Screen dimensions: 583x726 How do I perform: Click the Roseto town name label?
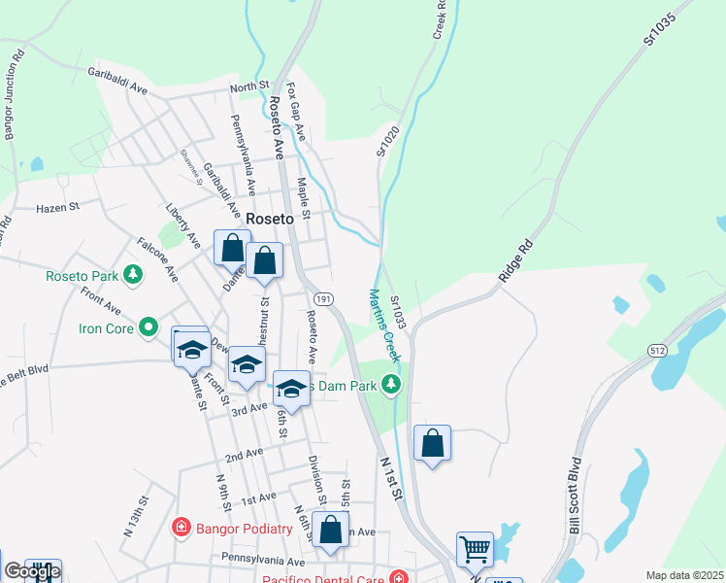(269, 219)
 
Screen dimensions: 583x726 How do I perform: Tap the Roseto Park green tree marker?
(133, 276)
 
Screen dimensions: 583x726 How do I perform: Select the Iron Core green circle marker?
(148, 327)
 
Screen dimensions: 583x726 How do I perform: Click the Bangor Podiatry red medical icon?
(181, 529)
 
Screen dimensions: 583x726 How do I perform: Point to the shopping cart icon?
(475, 548)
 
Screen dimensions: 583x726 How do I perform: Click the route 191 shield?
(324, 299)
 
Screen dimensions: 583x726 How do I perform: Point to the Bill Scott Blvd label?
(576, 496)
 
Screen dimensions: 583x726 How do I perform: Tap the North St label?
(248, 87)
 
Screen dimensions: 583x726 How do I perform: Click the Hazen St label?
(56, 208)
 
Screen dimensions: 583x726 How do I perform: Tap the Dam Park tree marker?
(391, 385)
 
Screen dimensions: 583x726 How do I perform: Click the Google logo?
(32, 571)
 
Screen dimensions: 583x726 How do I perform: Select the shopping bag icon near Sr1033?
(433, 444)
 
